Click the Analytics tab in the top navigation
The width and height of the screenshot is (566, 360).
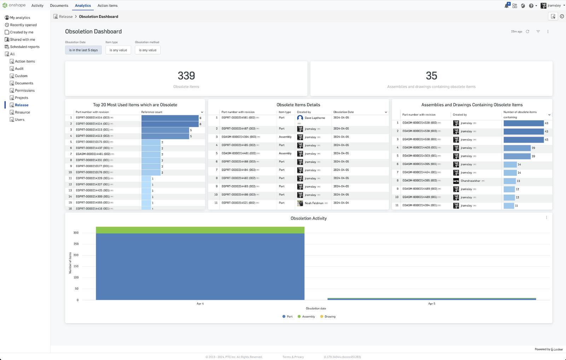tap(83, 6)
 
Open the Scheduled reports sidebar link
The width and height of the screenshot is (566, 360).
tap(24, 47)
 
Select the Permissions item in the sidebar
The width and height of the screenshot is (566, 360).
tap(24, 91)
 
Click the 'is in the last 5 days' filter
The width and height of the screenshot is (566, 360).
tap(83, 50)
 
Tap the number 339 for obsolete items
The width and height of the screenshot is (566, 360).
tap(186, 76)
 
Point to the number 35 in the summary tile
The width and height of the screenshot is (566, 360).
tap(431, 76)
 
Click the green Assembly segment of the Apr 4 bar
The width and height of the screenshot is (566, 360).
tap(200, 230)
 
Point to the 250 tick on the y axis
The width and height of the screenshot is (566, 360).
tap(76, 244)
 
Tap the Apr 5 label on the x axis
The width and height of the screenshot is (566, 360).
tap(432, 304)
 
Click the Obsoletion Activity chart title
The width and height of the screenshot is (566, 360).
tap(308, 218)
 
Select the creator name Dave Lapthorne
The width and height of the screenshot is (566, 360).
tap(315, 118)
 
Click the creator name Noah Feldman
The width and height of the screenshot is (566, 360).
tap(314, 203)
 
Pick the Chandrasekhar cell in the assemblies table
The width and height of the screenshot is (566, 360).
tap(470, 181)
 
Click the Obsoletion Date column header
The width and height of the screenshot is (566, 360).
tap(343, 112)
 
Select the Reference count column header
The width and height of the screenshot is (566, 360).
tap(152, 112)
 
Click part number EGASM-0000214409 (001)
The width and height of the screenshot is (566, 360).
tap(420, 148)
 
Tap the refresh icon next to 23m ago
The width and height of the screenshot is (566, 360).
tap(527, 32)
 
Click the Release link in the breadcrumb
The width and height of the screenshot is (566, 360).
tap(66, 17)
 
